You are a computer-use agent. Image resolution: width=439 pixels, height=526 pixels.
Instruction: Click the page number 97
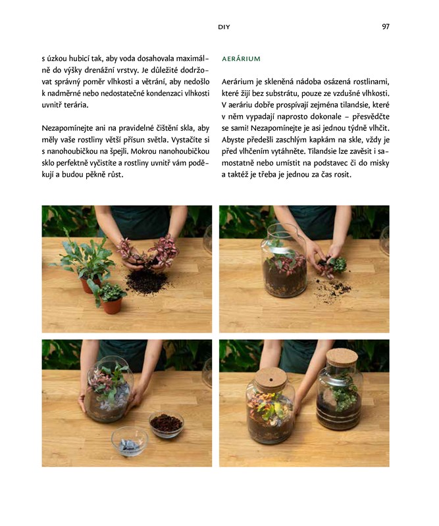(385, 26)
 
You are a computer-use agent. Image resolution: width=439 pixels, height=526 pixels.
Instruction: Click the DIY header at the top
(224, 27)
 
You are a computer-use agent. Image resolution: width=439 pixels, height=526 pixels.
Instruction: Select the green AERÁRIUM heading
(241, 59)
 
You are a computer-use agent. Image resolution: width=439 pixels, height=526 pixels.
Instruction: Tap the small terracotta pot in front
(111, 304)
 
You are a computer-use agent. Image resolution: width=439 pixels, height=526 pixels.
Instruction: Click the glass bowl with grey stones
(130, 441)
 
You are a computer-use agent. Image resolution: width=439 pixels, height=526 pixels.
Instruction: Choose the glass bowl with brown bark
(167, 424)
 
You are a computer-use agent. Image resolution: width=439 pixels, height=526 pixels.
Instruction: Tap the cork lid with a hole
(271, 379)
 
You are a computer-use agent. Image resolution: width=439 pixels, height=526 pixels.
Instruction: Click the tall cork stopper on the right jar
(342, 358)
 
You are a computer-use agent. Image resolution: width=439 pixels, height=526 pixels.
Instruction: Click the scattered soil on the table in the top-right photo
(331, 289)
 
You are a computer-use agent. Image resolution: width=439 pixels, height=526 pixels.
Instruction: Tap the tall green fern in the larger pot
(84, 258)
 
